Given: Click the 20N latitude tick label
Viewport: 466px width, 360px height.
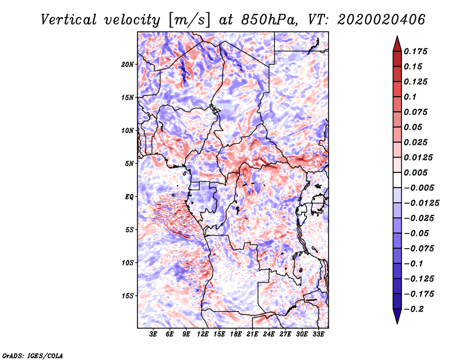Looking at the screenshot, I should pyautogui.click(x=128, y=64).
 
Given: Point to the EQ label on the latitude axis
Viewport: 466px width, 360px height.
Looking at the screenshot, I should pyautogui.click(x=129, y=197).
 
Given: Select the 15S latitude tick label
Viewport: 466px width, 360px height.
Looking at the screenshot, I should pyautogui.click(x=128, y=296).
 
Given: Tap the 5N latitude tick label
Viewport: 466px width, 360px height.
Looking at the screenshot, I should pyautogui.click(x=129, y=164).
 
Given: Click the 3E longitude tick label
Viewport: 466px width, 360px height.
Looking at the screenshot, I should pyautogui.click(x=153, y=335).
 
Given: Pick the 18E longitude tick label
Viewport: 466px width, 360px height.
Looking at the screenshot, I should pyautogui.click(x=236, y=335).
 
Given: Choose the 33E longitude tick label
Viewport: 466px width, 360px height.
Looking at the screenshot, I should pyautogui.click(x=318, y=335).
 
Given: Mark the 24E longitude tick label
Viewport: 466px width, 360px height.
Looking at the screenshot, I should pyautogui.click(x=269, y=335).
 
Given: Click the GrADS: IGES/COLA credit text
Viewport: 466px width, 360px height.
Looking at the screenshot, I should pyautogui.click(x=33, y=355).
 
